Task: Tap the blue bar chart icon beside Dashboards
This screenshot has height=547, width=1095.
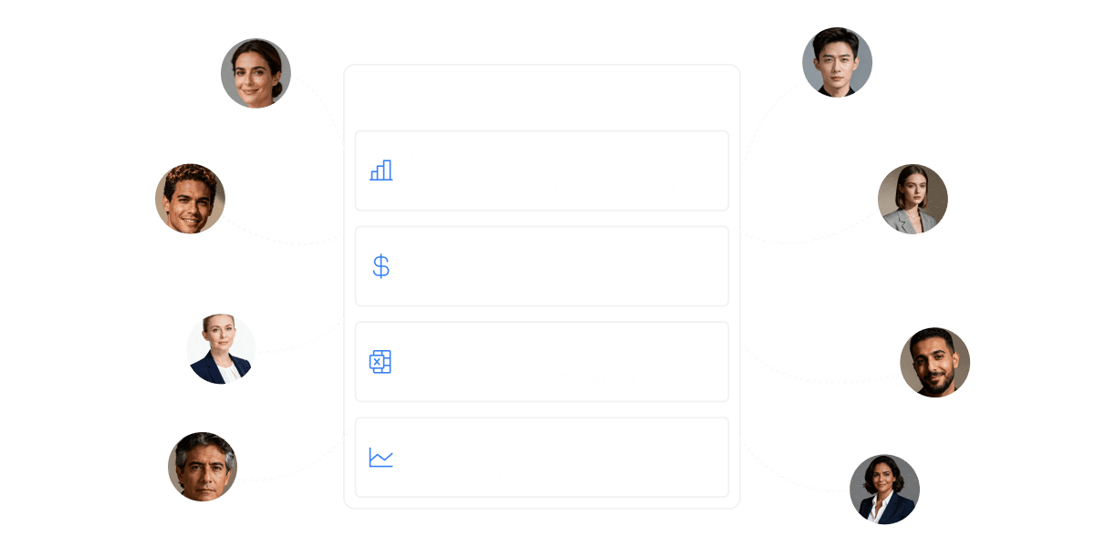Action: pos(381,170)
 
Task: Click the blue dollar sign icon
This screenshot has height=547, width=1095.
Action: pos(381,266)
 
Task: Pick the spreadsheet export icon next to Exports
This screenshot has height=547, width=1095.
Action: pos(380,362)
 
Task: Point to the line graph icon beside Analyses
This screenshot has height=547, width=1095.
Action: pos(381,458)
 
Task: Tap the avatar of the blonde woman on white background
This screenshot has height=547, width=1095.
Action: pos(221,349)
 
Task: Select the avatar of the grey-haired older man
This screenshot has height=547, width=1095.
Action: pos(203,466)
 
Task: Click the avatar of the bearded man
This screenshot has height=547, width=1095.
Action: pos(934,363)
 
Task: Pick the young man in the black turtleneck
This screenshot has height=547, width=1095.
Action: pos(837,62)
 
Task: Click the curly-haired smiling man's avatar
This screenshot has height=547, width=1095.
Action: pos(190,199)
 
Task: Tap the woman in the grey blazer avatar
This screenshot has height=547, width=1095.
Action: pos(912,199)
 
